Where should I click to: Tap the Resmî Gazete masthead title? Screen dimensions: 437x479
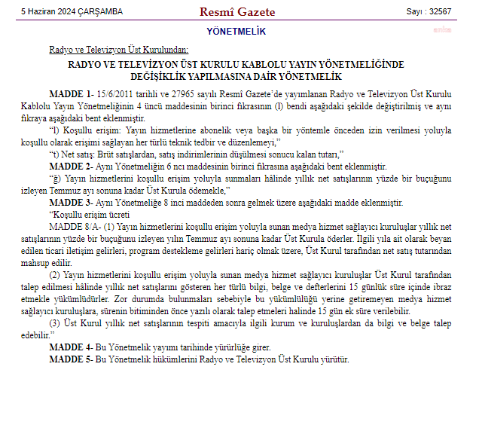click(x=237, y=11)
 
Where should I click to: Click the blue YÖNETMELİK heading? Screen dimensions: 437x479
click(x=236, y=31)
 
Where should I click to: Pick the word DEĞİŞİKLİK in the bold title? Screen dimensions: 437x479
click(x=170, y=77)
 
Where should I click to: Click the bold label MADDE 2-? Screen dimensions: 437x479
click(x=71, y=166)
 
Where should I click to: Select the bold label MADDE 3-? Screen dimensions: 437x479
click(x=71, y=203)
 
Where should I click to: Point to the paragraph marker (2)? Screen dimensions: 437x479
click(x=55, y=275)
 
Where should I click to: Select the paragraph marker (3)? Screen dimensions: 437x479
click(x=55, y=323)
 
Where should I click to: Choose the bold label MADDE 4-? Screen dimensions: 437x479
click(x=71, y=347)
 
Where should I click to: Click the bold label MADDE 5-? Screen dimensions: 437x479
click(x=71, y=359)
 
